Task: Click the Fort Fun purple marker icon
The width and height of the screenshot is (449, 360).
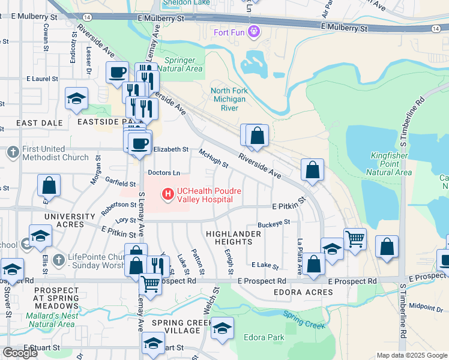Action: click(254, 30)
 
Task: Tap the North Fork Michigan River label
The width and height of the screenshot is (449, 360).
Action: click(228, 100)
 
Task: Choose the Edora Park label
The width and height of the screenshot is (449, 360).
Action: click(264, 337)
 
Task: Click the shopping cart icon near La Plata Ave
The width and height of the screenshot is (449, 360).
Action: click(355, 238)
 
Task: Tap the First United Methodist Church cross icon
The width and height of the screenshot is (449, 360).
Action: click(14, 153)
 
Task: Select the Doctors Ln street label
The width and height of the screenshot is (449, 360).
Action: click(164, 173)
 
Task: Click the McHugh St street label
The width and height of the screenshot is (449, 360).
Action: click(214, 159)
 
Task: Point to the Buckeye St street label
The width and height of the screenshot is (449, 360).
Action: click(274, 223)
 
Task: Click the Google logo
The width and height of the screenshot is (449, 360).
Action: click(20, 353)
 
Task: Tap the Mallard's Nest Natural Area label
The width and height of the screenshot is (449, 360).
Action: click(51, 320)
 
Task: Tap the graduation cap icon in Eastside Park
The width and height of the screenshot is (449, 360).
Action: click(77, 98)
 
